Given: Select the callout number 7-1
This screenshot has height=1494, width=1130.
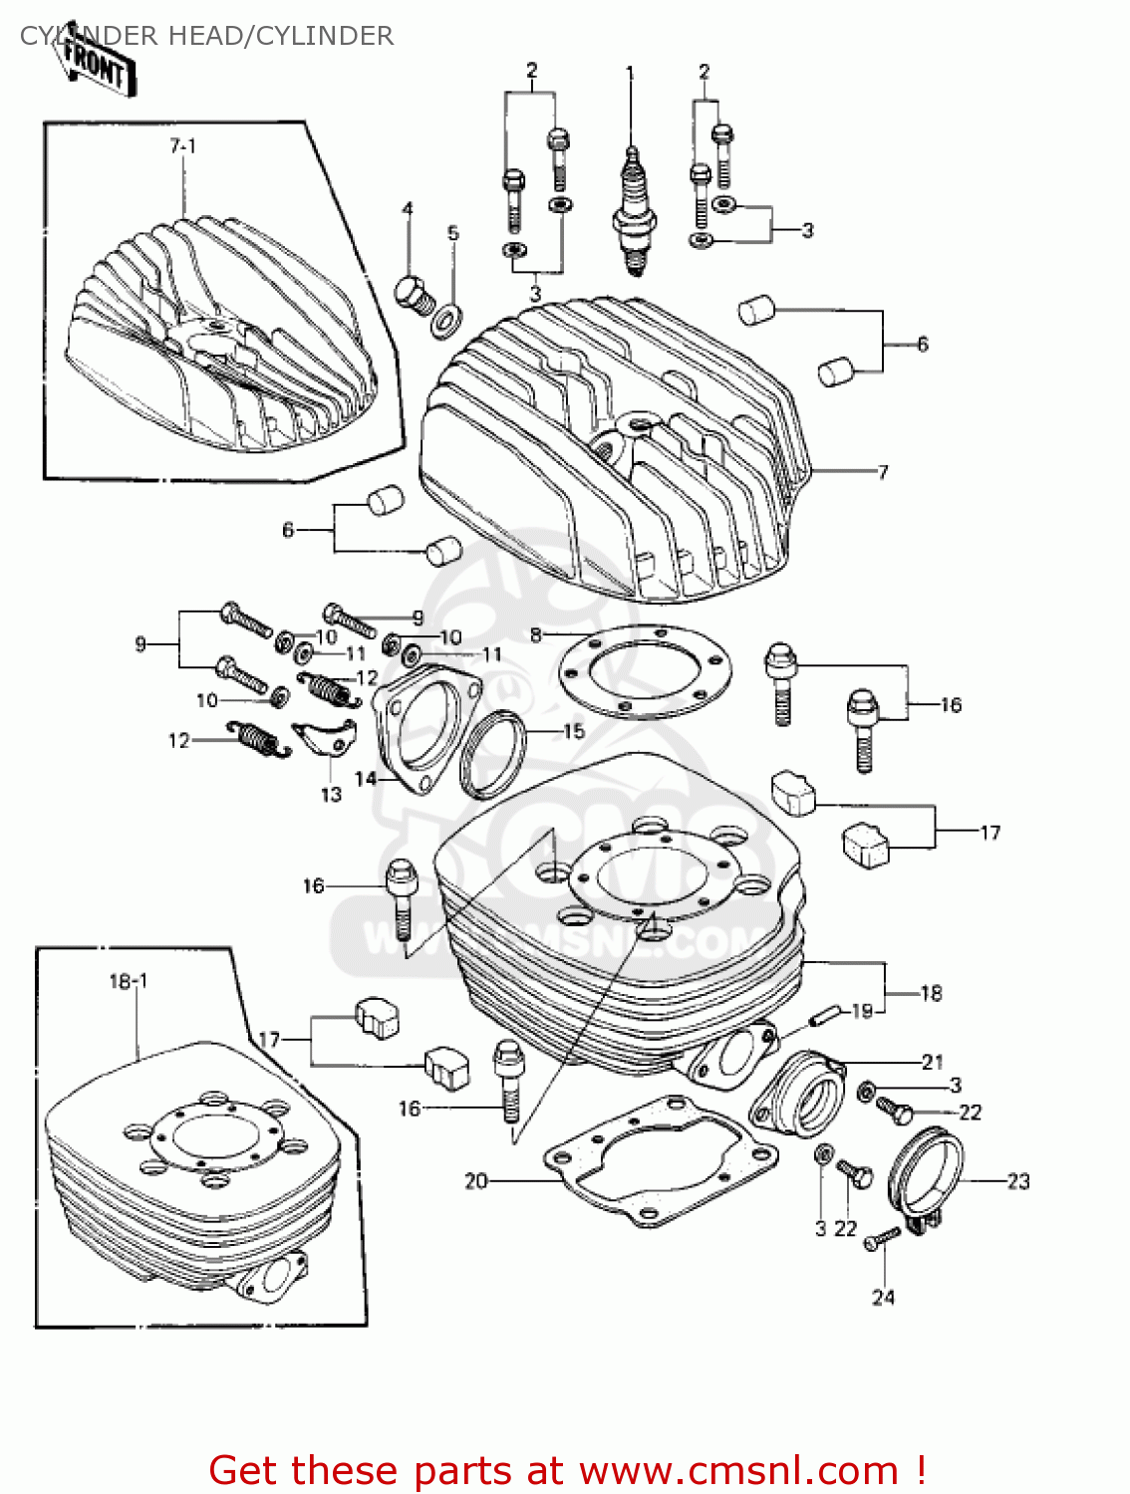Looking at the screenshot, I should [x=182, y=146].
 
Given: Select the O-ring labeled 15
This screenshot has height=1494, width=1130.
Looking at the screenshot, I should [x=493, y=755].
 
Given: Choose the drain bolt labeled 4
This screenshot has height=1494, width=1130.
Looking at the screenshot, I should [x=415, y=293].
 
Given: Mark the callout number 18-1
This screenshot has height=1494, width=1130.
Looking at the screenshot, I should [x=128, y=981].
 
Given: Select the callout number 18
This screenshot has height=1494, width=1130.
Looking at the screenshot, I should [x=931, y=993].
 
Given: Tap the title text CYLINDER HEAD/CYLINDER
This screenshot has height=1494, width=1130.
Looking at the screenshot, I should [x=206, y=36].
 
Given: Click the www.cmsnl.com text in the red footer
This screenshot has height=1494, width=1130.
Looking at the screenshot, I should [x=738, y=1470].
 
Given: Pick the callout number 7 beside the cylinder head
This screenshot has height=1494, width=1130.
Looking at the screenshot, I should [x=882, y=472].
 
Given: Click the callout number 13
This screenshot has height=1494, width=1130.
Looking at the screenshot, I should [x=331, y=794].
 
